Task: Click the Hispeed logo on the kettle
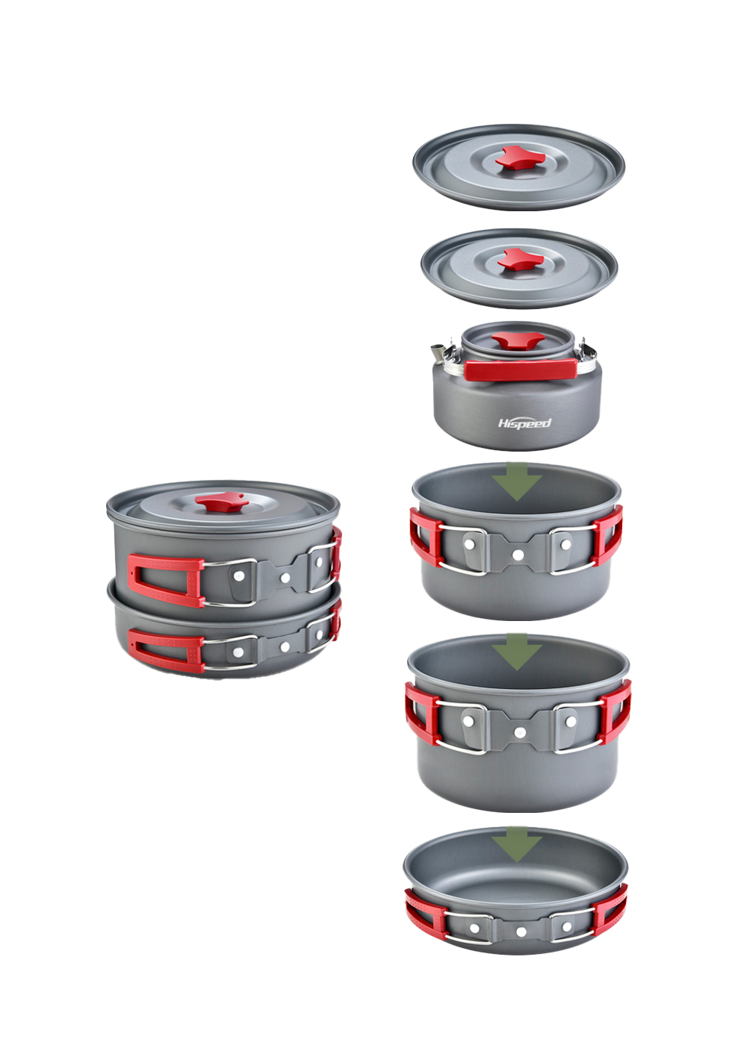pyautogui.click(x=524, y=423)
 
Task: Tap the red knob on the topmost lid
pyautogui.click(x=515, y=157)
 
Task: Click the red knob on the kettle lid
pyautogui.click(x=518, y=342)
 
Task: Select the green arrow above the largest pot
pyautogui.click(x=516, y=652)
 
